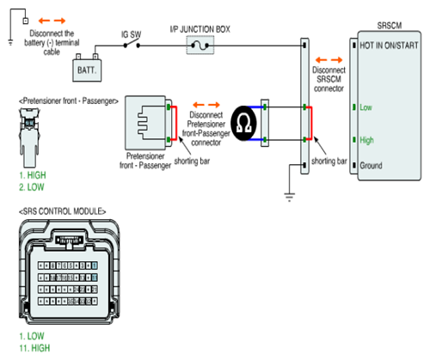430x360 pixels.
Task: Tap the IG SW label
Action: tap(131, 34)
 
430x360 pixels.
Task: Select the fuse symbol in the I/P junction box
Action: tap(200, 46)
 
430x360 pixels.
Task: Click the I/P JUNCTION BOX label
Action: tap(200, 29)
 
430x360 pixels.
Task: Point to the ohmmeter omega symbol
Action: tap(243, 124)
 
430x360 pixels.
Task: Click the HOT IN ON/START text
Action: tap(389, 46)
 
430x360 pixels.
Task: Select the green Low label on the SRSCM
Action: tap(365, 107)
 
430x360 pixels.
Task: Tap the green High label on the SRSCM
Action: tap(366, 140)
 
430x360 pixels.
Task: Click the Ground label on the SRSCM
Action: tap(371, 166)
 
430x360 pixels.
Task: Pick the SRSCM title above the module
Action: tap(390, 26)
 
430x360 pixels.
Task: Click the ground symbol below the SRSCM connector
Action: tap(289, 198)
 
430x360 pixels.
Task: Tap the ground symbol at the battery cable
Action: tap(10, 43)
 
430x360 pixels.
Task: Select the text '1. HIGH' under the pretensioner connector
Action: tap(33, 175)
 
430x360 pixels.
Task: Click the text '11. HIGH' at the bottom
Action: tap(34, 348)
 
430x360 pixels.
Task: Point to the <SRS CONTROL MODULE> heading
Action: tap(62, 211)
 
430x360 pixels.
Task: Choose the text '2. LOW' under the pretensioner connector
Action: tap(32, 187)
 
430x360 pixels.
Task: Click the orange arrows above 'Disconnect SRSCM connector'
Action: tap(329, 60)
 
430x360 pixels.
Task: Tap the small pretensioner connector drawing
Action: tap(29, 137)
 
